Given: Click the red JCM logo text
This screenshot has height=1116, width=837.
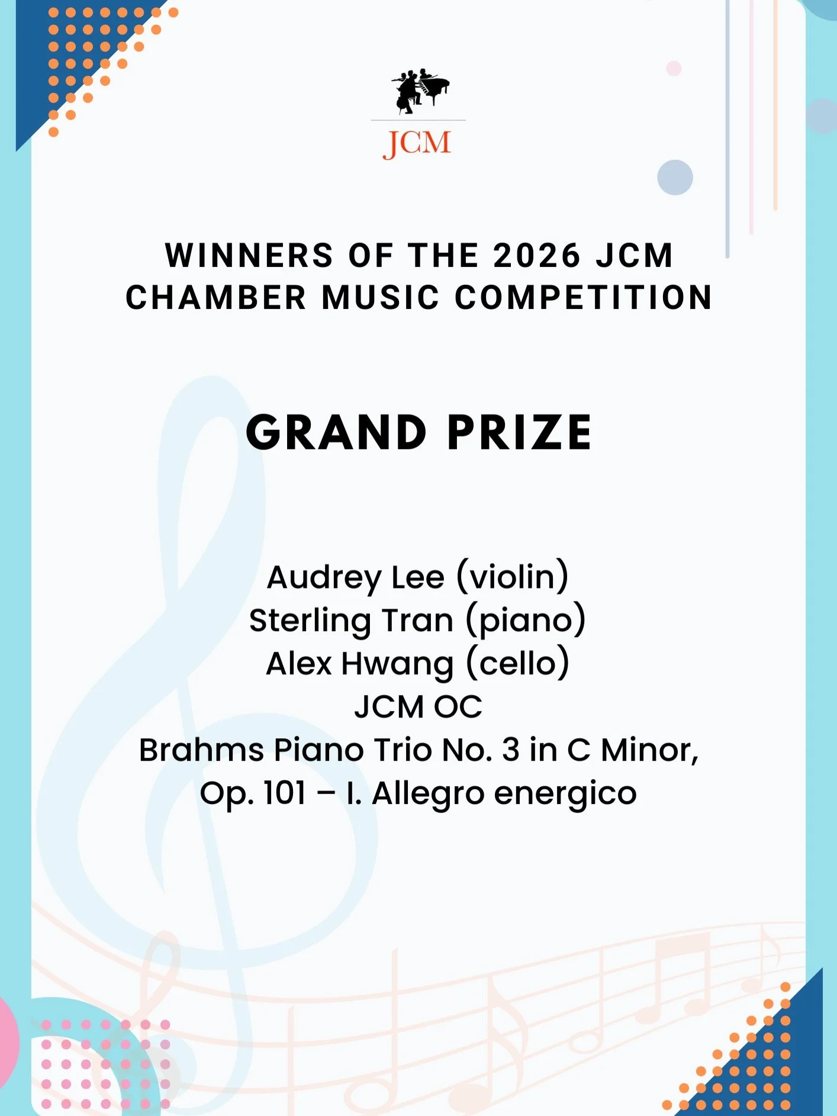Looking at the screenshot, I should (417, 143).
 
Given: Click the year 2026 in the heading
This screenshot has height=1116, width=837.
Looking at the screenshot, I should (537, 256).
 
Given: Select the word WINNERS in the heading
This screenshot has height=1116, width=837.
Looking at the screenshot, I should (249, 256).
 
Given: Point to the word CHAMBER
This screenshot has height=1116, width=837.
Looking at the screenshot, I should (216, 297).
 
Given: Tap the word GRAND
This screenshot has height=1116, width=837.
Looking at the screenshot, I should (336, 432).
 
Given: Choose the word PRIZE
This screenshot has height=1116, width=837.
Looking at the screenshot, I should (519, 432).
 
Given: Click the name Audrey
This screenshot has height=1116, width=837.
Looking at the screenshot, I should (324, 578).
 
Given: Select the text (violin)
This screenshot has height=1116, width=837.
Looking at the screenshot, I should (513, 577).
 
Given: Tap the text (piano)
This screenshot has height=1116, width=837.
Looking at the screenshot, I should (526, 621).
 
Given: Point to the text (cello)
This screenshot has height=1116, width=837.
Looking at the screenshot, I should (518, 664).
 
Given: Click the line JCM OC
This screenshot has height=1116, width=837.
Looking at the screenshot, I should (418, 707).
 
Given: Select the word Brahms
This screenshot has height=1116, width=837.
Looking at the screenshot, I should (201, 750).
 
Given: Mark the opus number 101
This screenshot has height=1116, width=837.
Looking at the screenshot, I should (285, 793).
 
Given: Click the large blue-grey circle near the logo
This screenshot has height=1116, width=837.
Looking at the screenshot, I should (675, 178).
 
